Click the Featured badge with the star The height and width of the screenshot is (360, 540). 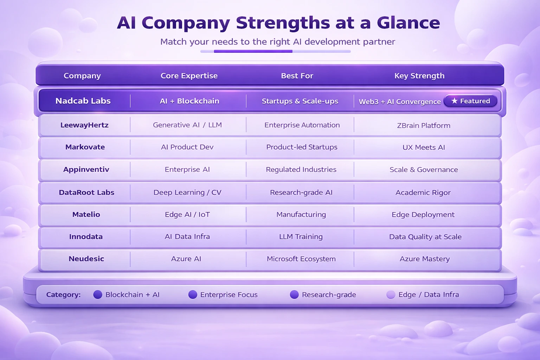(471, 101)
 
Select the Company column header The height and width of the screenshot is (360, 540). (82, 76)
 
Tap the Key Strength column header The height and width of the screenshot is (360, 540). (419, 76)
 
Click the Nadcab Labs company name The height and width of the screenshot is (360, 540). (83, 101)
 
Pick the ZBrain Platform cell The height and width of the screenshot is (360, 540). (424, 126)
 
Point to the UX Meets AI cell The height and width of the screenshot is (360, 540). (424, 147)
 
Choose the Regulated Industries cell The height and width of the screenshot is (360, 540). (301, 169)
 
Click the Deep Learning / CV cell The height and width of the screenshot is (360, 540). (187, 192)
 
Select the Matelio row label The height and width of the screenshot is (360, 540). (86, 214)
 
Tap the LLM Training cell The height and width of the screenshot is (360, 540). (301, 237)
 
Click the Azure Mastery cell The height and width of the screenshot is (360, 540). (425, 259)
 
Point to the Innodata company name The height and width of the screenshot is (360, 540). (86, 237)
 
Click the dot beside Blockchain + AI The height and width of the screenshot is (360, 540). (98, 295)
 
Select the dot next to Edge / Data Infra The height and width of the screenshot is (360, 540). (391, 295)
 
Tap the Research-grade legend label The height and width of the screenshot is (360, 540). (329, 295)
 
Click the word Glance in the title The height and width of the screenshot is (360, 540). (408, 23)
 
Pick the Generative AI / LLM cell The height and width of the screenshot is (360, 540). (187, 125)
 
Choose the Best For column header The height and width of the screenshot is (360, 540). (297, 76)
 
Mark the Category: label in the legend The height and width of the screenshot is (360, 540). (63, 295)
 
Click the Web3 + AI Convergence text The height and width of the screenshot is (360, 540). (400, 102)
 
